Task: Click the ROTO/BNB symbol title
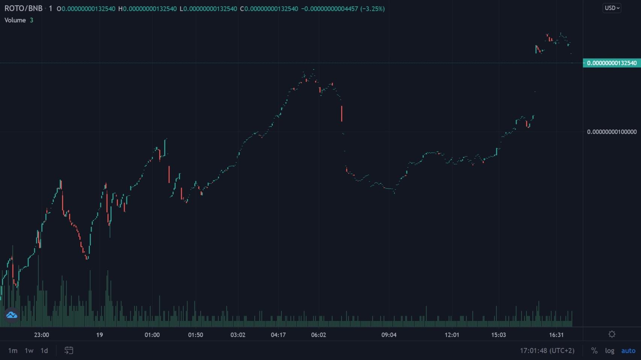pyautogui.click(x=23, y=8)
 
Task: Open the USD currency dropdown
pyautogui.click(x=612, y=8)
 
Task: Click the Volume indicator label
pyautogui.click(x=15, y=20)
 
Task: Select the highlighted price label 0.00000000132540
pyautogui.click(x=611, y=63)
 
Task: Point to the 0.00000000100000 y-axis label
pyautogui.click(x=611, y=132)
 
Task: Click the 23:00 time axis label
pyautogui.click(x=41, y=335)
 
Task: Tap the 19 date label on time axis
pyautogui.click(x=99, y=335)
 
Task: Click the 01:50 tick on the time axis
pyautogui.click(x=195, y=335)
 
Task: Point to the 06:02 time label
pyautogui.click(x=318, y=335)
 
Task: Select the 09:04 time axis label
pyautogui.click(x=389, y=335)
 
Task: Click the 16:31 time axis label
pyautogui.click(x=556, y=335)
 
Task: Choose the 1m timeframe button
pyautogui.click(x=13, y=351)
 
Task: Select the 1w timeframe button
pyautogui.click(x=29, y=351)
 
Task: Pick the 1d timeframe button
pyautogui.click(x=44, y=351)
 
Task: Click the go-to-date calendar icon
pyautogui.click(x=69, y=351)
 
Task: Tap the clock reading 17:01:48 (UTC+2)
pyautogui.click(x=547, y=351)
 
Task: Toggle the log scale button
pyautogui.click(x=609, y=351)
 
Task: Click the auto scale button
pyautogui.click(x=628, y=351)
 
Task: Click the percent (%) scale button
pyautogui.click(x=594, y=351)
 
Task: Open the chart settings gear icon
pyautogui.click(x=612, y=334)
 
